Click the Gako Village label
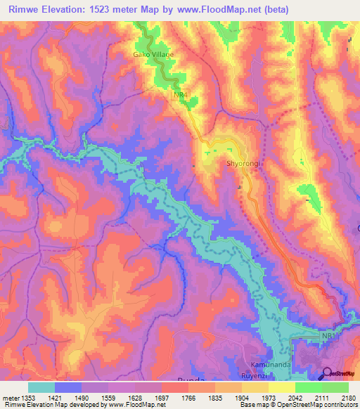153,54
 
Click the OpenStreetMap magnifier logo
328,373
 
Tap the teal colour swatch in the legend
41,387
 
